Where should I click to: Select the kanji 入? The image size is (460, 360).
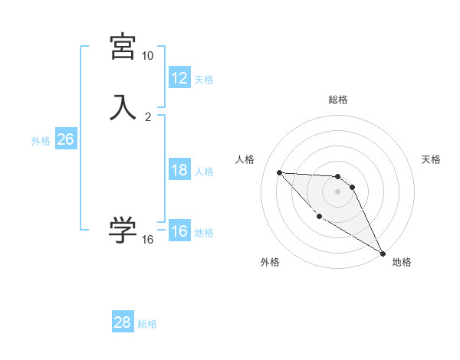[123, 106]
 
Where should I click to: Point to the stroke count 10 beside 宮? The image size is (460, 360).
[147, 56]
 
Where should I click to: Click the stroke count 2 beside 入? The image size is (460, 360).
[148, 116]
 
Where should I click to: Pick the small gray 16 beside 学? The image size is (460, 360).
[148, 240]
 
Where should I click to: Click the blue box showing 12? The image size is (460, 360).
[179, 78]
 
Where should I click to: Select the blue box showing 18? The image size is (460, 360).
[179, 170]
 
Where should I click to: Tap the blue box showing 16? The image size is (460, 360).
[179, 231]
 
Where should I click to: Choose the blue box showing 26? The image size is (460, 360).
[65, 139]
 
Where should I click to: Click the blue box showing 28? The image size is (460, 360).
[123, 322]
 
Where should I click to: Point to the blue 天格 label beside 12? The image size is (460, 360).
[204, 79]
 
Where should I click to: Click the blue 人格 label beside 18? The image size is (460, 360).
[204, 171]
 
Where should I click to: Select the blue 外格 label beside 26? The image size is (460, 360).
[41, 140]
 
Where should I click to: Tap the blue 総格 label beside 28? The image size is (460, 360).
[148, 323]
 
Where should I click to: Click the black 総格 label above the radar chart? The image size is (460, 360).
[338, 100]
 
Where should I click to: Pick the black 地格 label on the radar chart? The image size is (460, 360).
[402, 262]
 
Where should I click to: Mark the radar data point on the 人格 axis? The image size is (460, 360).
[279, 172]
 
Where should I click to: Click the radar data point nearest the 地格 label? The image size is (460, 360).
[383, 254]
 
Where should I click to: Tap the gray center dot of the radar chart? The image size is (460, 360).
[338, 191]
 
